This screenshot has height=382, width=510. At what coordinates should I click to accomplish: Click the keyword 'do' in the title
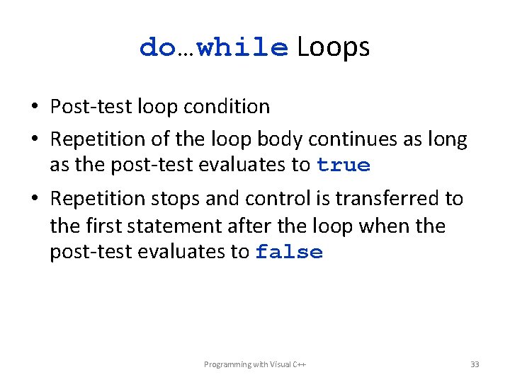(157, 47)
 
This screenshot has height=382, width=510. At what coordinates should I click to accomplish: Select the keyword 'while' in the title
(242, 47)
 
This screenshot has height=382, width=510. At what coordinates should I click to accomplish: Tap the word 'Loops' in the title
(333, 47)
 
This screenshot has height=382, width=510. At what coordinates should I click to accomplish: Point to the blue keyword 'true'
(344, 166)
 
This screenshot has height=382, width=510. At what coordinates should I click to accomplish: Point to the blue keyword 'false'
(289, 253)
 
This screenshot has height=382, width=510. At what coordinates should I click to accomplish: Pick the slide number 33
(475, 364)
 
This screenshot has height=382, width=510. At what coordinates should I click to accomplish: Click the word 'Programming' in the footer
(227, 364)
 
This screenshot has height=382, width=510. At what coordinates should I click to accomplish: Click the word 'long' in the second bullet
(446, 140)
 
